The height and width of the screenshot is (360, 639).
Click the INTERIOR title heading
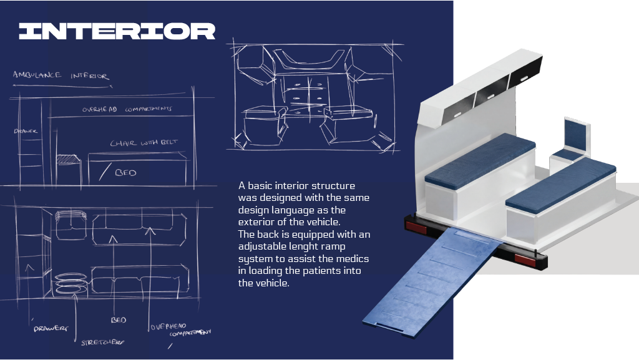click(x=117, y=31)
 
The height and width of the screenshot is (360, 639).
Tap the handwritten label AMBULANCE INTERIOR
click(x=61, y=75)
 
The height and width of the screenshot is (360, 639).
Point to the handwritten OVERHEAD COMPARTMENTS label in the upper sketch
click(x=127, y=109)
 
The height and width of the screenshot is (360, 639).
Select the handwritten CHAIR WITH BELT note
click(x=144, y=142)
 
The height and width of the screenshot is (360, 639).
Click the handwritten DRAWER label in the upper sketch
click(x=26, y=131)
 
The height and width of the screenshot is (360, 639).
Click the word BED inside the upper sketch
click(x=125, y=173)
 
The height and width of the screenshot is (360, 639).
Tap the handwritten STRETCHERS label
click(x=102, y=342)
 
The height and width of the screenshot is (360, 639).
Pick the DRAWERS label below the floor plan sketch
click(x=51, y=328)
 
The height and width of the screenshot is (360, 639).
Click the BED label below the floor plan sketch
click(x=119, y=320)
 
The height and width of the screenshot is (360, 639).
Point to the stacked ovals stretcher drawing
click(x=71, y=284)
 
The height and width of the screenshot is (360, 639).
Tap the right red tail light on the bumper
click(x=525, y=260)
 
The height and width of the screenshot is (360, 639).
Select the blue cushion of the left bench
click(x=480, y=160)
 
